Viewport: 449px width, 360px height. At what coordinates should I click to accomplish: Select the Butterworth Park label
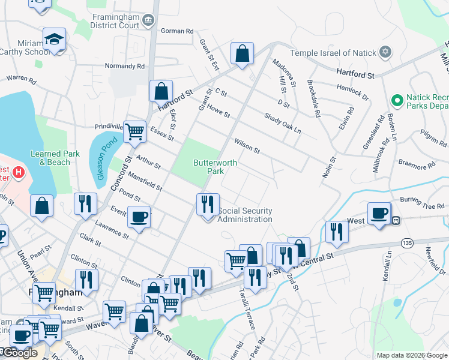coord(215,167)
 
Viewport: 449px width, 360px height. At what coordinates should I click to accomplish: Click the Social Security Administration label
coord(245,215)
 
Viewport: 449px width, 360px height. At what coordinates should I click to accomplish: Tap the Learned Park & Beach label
coord(55,158)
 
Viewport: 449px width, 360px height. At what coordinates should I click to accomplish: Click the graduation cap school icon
coord(54,40)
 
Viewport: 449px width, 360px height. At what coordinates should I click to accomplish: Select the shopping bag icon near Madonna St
coord(242,54)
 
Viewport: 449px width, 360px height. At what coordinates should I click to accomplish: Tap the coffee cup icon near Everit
coord(139,217)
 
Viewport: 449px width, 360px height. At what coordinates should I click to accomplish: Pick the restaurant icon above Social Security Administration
coord(207,204)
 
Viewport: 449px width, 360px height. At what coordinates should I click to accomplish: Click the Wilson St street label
coord(247,146)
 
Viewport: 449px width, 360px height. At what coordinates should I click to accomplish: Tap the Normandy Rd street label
coord(124,67)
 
